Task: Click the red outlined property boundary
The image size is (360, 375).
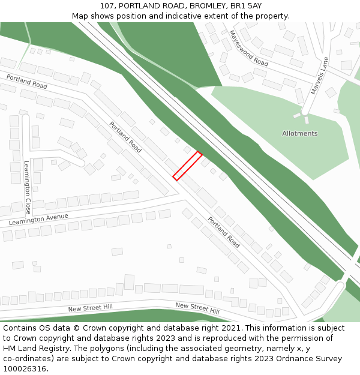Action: [x=187, y=166]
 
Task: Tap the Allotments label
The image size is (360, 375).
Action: [x=300, y=133]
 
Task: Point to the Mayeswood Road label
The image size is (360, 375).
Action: [x=248, y=49]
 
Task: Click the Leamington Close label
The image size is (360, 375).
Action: [x=27, y=188]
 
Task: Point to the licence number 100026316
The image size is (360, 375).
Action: [x=23, y=369]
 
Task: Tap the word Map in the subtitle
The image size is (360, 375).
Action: [x=80, y=16]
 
